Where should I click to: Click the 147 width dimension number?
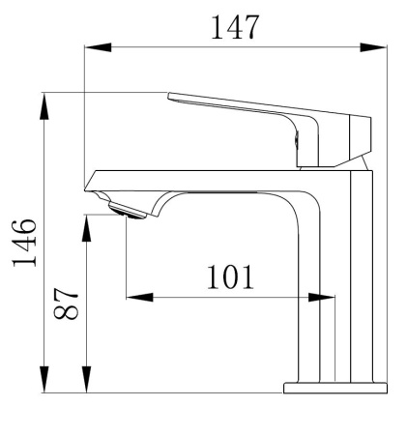point(235,27)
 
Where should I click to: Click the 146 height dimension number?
point(24,243)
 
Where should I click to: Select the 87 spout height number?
point(66,304)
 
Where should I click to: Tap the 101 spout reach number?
point(230,277)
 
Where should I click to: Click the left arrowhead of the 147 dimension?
point(98,47)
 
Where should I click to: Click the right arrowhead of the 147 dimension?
point(373,47)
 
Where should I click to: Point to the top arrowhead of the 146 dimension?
point(44,106)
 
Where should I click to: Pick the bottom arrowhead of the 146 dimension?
point(44,379)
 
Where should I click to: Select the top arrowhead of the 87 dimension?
point(86,228)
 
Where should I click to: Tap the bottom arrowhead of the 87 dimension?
point(86,379)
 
